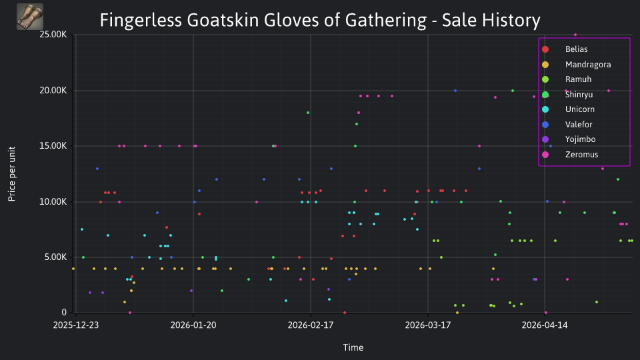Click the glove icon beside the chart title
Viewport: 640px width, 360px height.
30,17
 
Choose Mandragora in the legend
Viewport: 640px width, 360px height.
576,65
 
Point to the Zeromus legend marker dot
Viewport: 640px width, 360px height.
545,155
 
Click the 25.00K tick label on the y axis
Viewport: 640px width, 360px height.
53,35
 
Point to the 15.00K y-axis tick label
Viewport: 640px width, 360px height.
53,146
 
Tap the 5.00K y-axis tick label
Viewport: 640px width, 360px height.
55,257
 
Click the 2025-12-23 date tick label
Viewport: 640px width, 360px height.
76,325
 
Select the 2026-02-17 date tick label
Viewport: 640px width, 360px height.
311,325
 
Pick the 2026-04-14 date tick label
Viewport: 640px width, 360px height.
545,325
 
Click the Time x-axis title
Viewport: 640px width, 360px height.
353,347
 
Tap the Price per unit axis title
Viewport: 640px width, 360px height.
12,174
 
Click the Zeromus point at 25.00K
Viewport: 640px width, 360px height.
575,35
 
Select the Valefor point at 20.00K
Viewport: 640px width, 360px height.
455,91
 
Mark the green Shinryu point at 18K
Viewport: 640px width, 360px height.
308,113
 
